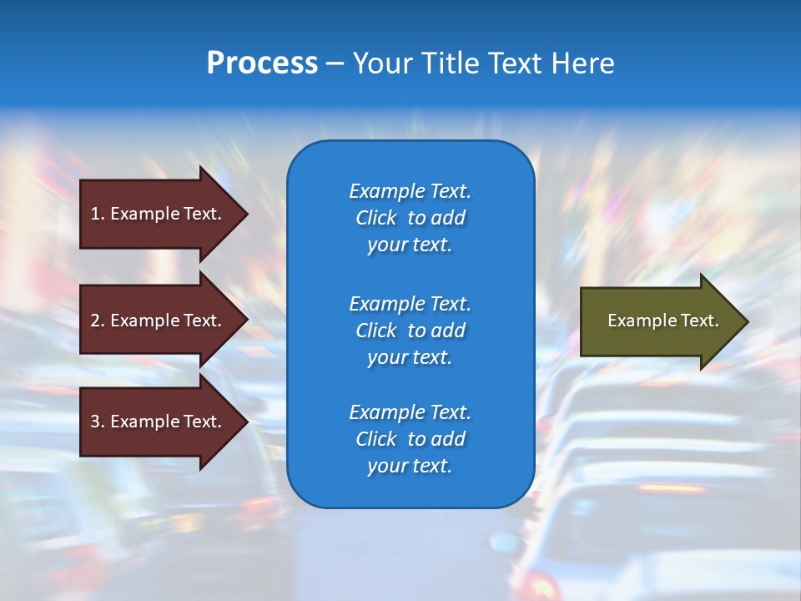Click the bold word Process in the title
click(x=262, y=63)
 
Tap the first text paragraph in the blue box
click(x=410, y=218)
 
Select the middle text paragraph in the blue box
click(x=410, y=330)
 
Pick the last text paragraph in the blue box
click(x=410, y=439)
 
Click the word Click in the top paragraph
click(x=376, y=218)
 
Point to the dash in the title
click(x=335, y=64)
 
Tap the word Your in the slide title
click(x=380, y=63)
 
